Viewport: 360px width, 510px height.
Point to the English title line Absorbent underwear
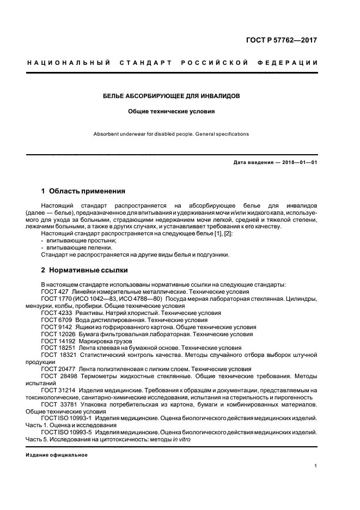tap(172, 134)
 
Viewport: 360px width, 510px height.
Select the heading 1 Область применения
tap(83, 191)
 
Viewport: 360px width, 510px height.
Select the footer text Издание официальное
tap(57, 454)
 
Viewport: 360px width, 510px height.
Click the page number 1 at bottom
tap(316, 466)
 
